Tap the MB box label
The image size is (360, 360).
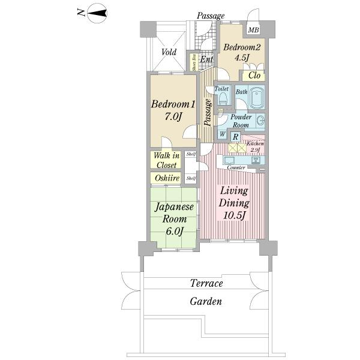coord(253,30)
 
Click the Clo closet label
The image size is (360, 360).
coord(253,76)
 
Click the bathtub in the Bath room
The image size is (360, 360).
coord(258,97)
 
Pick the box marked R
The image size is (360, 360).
coord(236,137)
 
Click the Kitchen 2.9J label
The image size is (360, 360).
coord(255,147)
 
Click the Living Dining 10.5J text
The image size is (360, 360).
coord(233,203)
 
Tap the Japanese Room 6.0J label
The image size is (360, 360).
coord(173,220)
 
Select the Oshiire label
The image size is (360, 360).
coord(166,178)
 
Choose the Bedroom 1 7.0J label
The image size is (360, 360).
coord(173,110)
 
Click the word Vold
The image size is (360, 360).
coord(169,52)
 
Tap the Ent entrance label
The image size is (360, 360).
coord(206,59)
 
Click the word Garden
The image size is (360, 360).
coord(206,302)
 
